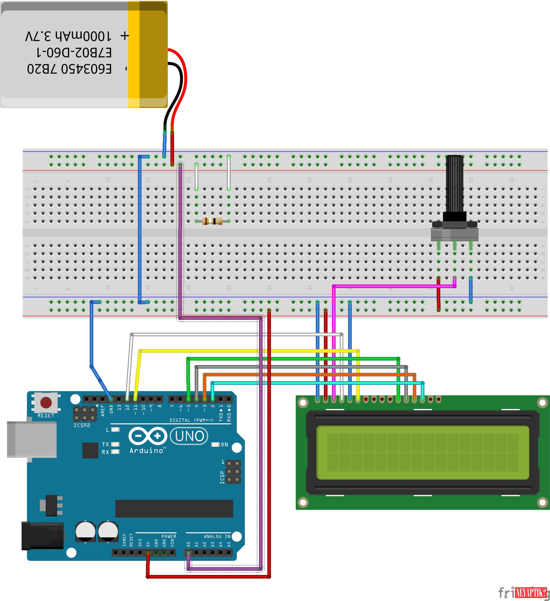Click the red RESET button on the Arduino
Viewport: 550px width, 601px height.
[46, 402]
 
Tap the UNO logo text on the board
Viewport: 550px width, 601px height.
[190, 436]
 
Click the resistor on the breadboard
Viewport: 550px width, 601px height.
[212, 221]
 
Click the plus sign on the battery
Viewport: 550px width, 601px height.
[125, 36]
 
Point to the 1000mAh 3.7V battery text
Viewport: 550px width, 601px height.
[68, 36]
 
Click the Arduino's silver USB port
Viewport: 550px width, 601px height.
[32, 439]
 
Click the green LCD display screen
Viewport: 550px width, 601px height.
[423, 452]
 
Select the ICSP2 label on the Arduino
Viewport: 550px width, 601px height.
[82, 425]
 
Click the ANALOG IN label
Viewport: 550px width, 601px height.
[217, 536]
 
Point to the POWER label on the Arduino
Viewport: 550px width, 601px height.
[169, 536]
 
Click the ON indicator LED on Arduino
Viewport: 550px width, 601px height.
[215, 444]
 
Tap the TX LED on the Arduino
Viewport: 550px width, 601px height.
[115, 444]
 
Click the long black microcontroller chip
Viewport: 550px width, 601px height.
[174, 508]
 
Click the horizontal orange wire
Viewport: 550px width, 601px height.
[308, 374]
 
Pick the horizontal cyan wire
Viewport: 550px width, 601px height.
[317, 383]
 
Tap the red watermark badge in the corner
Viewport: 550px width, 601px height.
[531, 592]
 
